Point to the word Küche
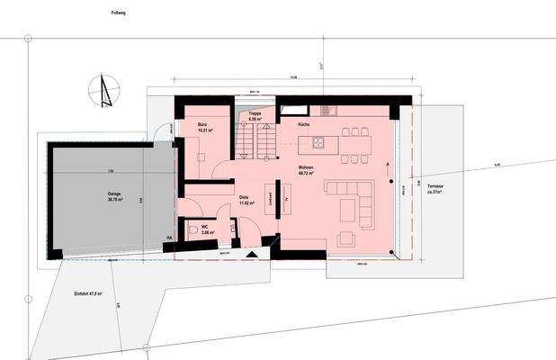304,123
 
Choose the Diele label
243,198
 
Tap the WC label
206,227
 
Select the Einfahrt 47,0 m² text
88,293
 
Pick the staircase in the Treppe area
255,139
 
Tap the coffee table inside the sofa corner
347,210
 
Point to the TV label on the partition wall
285,199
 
